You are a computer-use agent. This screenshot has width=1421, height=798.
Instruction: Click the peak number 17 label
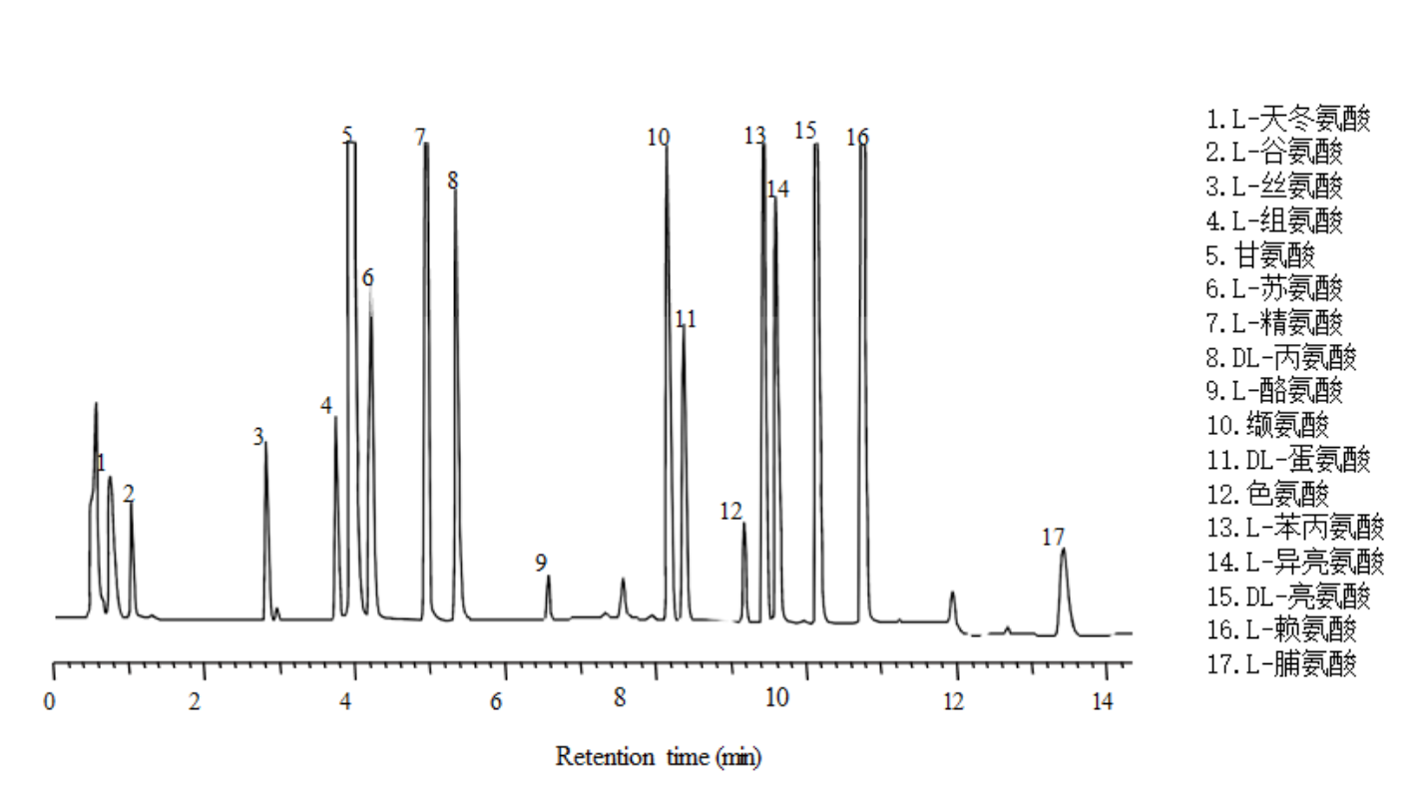pyautogui.click(x=1053, y=538)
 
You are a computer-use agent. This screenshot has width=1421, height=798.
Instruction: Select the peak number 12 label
pyautogui.click(x=730, y=512)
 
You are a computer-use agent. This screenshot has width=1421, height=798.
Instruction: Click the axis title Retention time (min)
pyautogui.click(x=659, y=756)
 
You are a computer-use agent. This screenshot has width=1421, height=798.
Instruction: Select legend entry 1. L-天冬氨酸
pyautogui.click(x=1288, y=120)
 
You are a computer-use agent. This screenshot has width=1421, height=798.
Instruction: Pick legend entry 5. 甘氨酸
pyautogui.click(x=1260, y=255)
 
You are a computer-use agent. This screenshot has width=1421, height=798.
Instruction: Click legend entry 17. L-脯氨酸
pyautogui.click(x=1281, y=663)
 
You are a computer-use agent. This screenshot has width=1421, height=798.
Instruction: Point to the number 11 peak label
pyautogui.click(x=685, y=319)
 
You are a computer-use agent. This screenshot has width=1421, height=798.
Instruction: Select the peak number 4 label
pyautogui.click(x=326, y=406)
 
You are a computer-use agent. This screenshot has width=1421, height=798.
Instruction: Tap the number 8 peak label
pyautogui.click(x=452, y=181)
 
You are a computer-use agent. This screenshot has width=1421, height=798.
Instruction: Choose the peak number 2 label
pyautogui.click(x=128, y=493)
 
